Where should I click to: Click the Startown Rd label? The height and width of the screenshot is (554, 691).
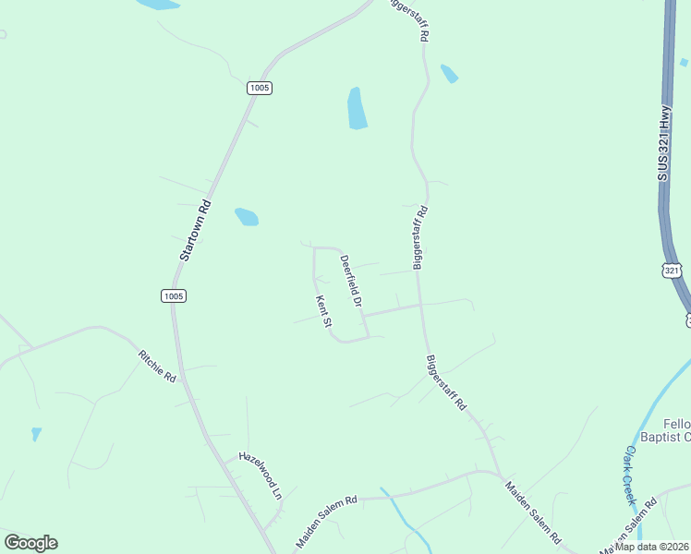[x=195, y=230]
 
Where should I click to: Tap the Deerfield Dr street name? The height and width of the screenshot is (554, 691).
[x=350, y=280]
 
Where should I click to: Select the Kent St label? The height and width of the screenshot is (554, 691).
[x=323, y=311]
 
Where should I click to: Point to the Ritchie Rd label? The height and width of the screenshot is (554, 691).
[x=156, y=366]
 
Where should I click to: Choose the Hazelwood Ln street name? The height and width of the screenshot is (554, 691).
[x=260, y=474]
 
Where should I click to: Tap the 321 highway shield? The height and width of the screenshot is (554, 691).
[x=672, y=270]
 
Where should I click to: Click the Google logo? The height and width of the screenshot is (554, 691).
[x=30, y=543]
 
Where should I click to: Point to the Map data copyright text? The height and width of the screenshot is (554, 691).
[x=652, y=546]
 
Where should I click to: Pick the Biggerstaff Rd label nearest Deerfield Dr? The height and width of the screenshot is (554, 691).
[x=421, y=237]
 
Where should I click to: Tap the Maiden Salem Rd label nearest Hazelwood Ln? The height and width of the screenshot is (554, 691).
[x=326, y=521]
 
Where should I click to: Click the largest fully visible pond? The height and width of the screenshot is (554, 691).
[x=357, y=108]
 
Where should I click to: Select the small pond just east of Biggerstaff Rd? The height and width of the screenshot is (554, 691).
[x=450, y=74]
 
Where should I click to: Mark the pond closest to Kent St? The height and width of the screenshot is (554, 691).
[x=247, y=217]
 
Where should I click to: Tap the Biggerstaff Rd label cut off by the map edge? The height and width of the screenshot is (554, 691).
[x=410, y=18]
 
